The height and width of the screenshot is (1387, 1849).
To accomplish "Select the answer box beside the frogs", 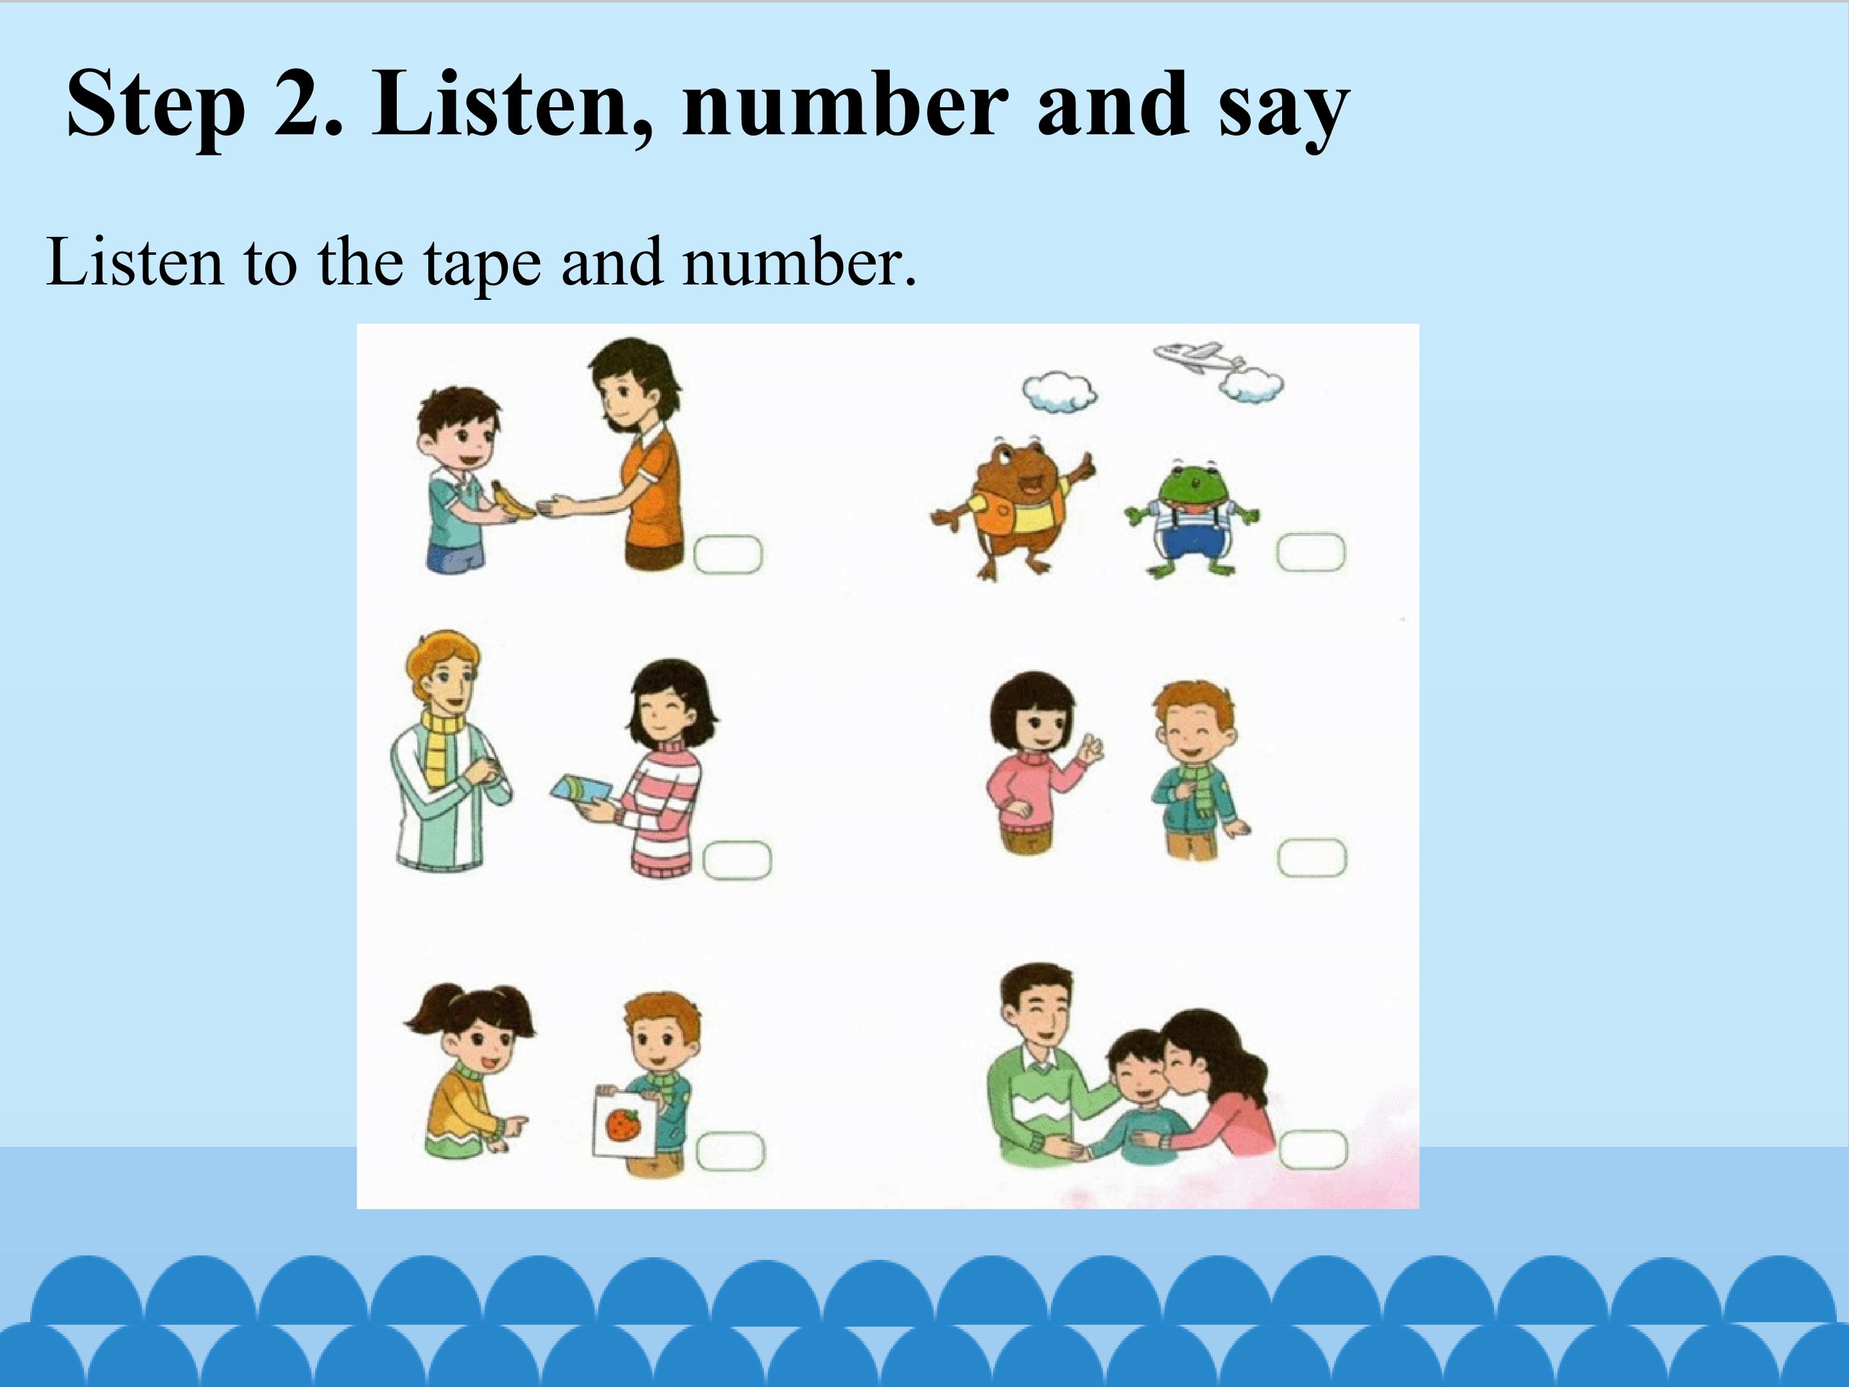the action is click(1311, 553).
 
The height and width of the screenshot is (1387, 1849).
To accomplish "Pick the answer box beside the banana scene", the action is click(728, 554).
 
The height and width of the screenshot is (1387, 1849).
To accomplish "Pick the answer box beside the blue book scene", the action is click(736, 860).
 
